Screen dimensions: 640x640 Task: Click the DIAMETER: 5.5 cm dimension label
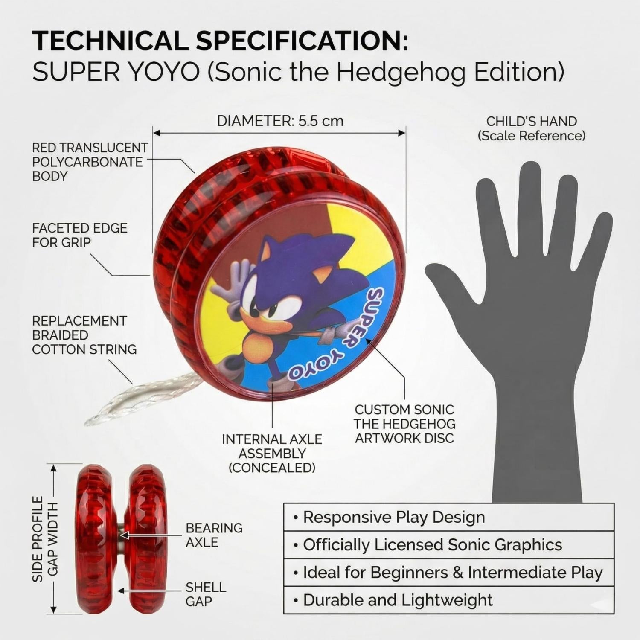click(x=280, y=121)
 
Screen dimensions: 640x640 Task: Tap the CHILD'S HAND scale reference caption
click(x=532, y=128)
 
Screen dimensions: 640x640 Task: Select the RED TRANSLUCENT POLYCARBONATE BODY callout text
click(x=90, y=162)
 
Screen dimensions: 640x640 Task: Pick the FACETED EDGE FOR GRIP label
click(x=79, y=235)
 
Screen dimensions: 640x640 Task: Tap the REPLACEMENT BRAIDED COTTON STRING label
click(x=84, y=335)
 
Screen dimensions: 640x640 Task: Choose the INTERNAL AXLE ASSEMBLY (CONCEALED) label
click(x=272, y=454)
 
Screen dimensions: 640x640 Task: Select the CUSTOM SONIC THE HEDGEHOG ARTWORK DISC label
click(x=404, y=424)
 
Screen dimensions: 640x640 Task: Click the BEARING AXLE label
click(x=214, y=535)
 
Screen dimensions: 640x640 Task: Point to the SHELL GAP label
click(x=206, y=594)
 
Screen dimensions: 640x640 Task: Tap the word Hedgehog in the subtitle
click(x=413, y=73)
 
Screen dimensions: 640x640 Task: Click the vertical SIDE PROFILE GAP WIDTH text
click(x=45, y=538)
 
